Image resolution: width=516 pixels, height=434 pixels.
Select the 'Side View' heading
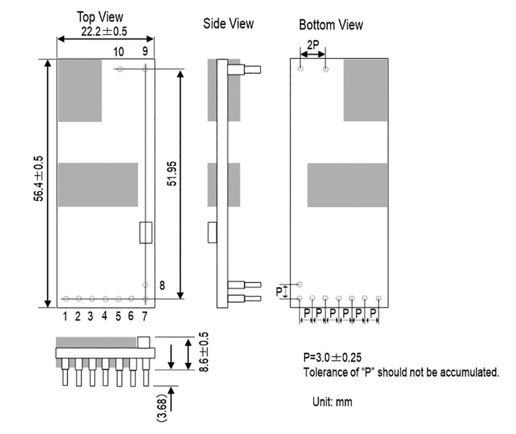[228, 24]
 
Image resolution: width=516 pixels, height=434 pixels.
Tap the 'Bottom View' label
[331, 25]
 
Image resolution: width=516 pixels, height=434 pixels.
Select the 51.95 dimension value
[172, 182]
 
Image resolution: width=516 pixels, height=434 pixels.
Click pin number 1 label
[66, 316]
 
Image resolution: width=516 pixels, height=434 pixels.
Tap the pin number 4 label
[104, 316]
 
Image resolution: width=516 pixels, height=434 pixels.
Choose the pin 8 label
[162, 286]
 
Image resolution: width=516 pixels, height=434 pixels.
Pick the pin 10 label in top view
[118, 51]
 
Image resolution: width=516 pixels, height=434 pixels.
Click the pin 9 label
[145, 51]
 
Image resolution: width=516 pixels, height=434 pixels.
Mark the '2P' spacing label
[312, 45]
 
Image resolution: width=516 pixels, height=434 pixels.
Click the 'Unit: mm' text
[333, 402]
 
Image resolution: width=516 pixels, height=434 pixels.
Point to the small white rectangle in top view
[146, 233]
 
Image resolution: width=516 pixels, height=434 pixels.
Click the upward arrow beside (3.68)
[172, 399]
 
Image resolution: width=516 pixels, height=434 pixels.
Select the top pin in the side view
[244, 70]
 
